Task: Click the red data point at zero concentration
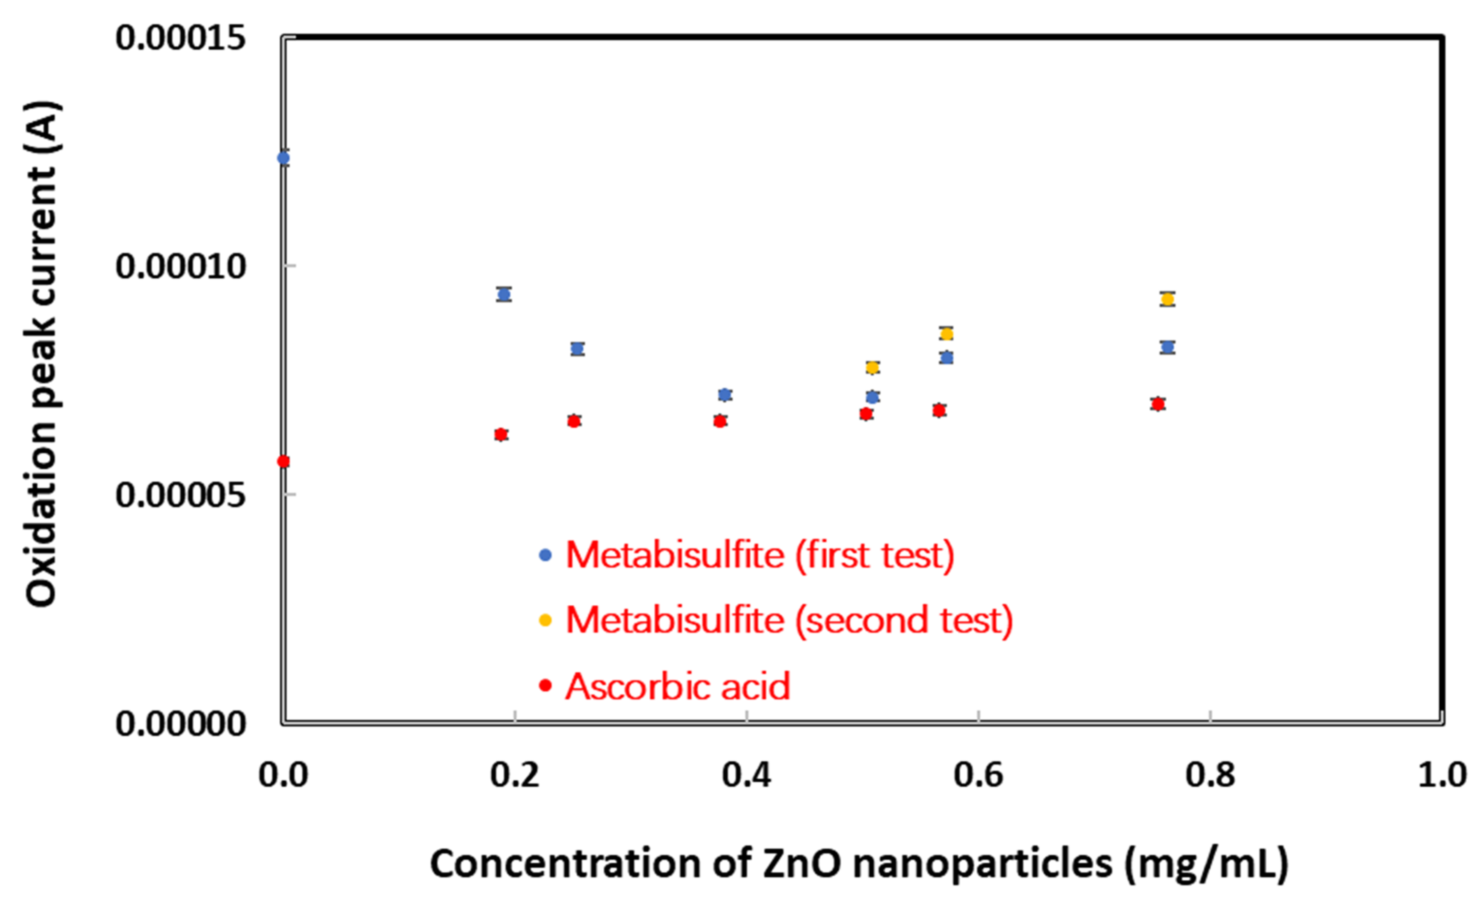point(283,461)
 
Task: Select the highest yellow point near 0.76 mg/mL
point(1167,299)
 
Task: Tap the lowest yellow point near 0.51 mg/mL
point(872,367)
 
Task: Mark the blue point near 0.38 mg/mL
point(725,395)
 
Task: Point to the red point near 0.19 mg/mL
point(501,434)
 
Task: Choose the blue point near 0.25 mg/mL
point(577,348)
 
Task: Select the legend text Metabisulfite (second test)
point(789,620)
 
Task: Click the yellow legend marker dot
point(545,621)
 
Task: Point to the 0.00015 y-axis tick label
point(180,37)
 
